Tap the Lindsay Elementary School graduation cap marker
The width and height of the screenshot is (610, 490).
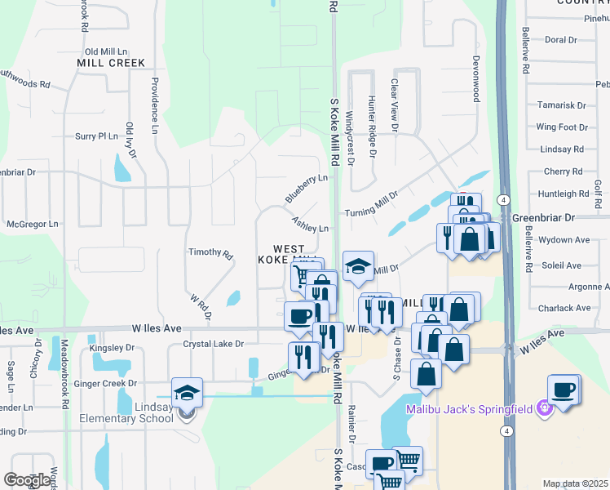click(187, 394)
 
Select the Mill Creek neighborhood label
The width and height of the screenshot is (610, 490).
click(111, 63)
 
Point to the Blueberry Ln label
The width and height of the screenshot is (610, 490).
click(306, 189)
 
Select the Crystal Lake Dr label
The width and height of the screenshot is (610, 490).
click(214, 345)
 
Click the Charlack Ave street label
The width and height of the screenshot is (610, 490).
click(564, 309)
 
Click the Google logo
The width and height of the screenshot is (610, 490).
click(27, 480)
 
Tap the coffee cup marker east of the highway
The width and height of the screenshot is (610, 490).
click(563, 390)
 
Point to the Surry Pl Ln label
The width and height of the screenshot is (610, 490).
click(97, 136)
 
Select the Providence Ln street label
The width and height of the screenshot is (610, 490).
click(153, 106)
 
